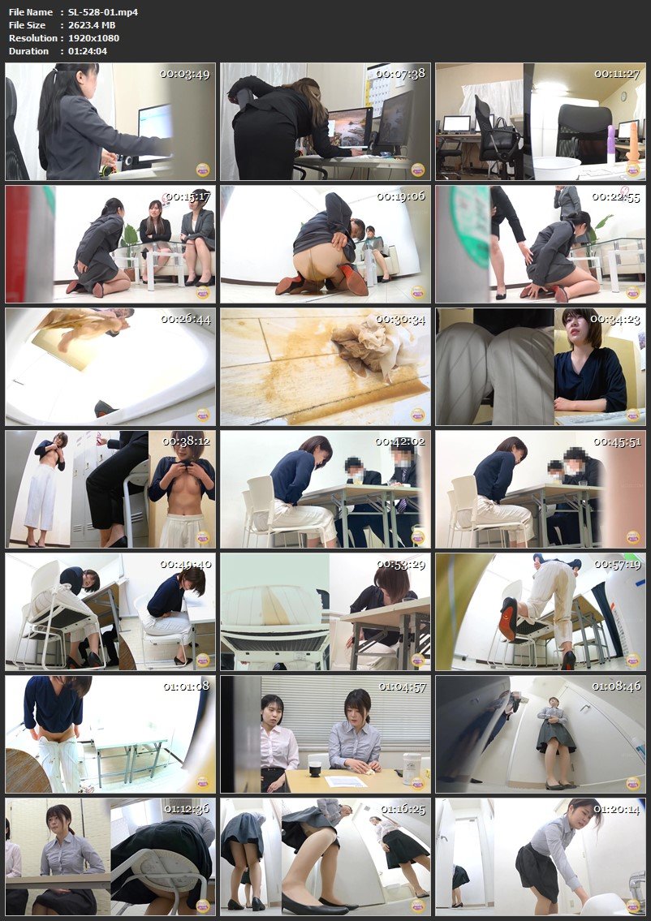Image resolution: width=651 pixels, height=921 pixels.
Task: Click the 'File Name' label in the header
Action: pyautogui.click(x=30, y=12)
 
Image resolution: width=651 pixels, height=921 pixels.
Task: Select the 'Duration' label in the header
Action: pyautogui.click(x=29, y=51)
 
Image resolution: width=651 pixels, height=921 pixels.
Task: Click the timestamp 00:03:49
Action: pyautogui.click(x=186, y=74)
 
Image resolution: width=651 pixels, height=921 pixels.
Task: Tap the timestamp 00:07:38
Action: pyautogui.click(x=400, y=74)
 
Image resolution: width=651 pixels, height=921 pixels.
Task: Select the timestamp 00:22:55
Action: pyautogui.click(x=616, y=196)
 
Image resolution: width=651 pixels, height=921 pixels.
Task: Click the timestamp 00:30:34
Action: pyautogui.click(x=400, y=319)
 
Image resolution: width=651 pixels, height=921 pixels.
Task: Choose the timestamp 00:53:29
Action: pyautogui.click(x=400, y=564)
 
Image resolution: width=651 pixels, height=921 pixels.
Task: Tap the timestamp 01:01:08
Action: pyautogui.click(x=186, y=686)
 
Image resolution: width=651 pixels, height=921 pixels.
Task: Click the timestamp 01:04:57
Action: pyautogui.click(x=400, y=686)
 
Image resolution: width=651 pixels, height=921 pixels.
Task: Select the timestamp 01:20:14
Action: pyautogui.click(x=616, y=809)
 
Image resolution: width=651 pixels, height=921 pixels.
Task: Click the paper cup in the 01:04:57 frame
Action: pyautogui.click(x=314, y=762)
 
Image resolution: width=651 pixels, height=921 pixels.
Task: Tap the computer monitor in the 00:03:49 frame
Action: pyautogui.click(x=155, y=123)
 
